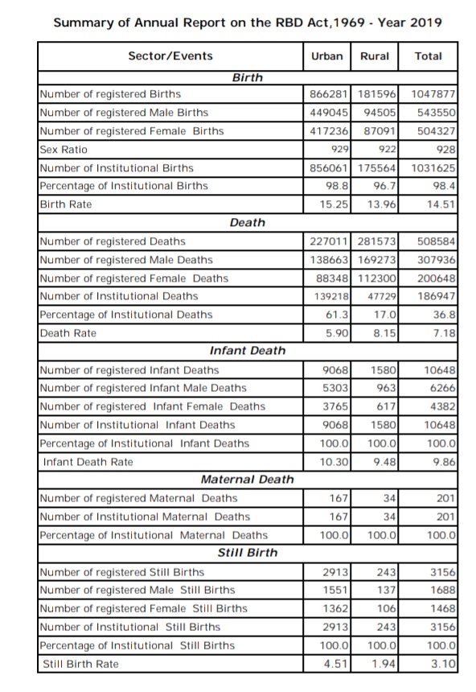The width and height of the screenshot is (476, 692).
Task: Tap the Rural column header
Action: pos(375,56)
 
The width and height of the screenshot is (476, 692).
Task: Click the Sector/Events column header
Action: pos(170,56)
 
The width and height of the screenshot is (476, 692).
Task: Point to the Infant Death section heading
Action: pos(247,351)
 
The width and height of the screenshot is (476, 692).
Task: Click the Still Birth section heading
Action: pos(247,553)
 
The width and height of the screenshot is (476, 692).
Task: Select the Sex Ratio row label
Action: pos(64,150)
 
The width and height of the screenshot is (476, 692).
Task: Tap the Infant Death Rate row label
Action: pos(88,462)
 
